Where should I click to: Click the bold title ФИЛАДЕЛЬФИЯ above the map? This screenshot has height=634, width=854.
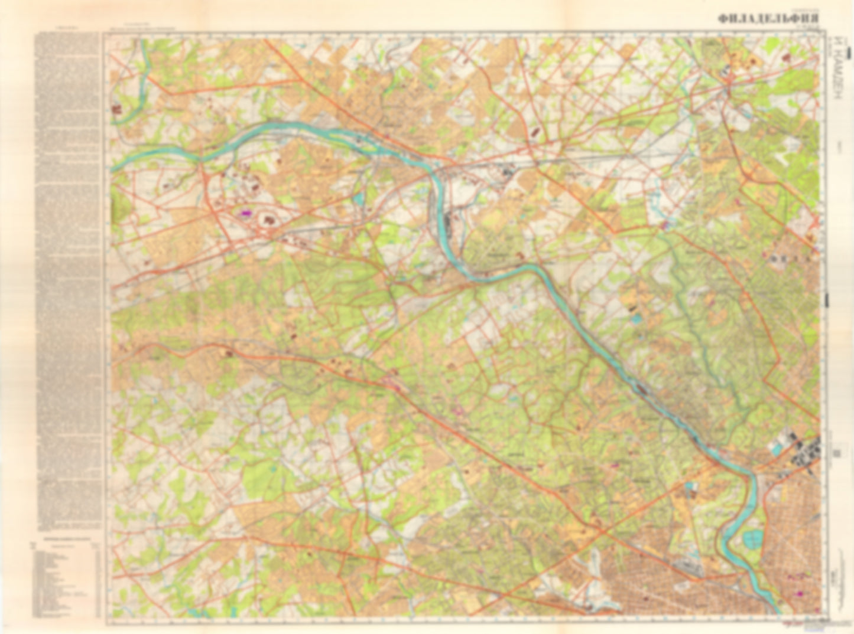(768, 18)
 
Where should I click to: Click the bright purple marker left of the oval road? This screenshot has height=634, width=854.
(244, 213)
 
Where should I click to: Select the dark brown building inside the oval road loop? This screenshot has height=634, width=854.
(271, 221)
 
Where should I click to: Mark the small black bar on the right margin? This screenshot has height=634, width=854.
(827, 301)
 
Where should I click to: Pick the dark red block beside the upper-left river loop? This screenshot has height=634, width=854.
(115, 109)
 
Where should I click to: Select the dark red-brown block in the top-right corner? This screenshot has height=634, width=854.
(786, 57)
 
